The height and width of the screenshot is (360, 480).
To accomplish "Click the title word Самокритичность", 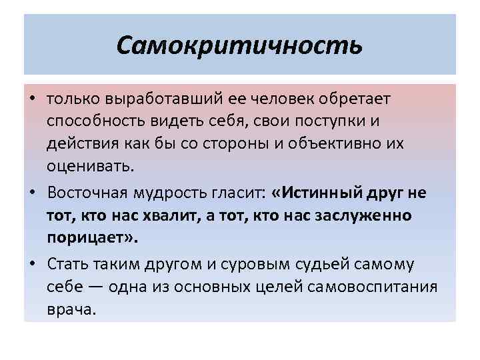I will point(239,45).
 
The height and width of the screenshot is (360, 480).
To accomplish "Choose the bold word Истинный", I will point(321,193).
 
